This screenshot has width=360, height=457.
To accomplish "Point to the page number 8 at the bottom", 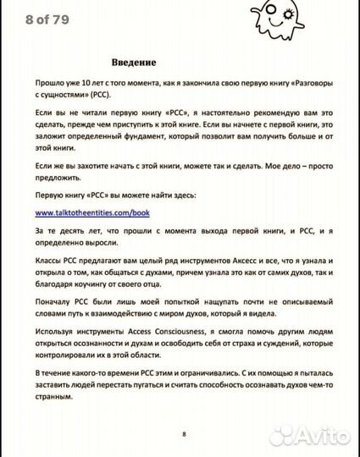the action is pyautogui.click(x=183, y=434).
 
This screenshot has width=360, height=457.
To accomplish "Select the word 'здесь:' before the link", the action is pyautogui.click(x=179, y=195).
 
